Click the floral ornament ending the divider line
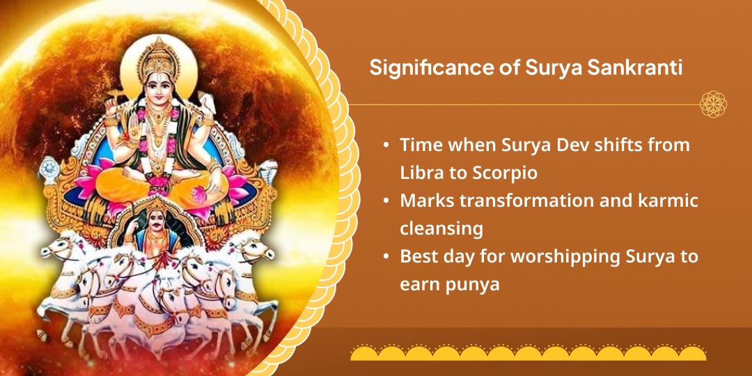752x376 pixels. click(714, 104)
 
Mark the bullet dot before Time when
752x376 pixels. click(386, 146)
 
